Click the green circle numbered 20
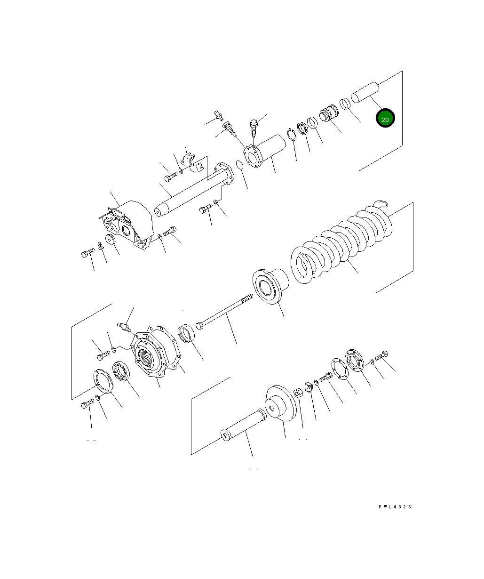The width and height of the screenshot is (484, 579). pyautogui.click(x=385, y=118)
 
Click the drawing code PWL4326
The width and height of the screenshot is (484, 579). pyautogui.click(x=395, y=507)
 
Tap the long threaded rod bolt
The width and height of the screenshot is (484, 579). pyautogui.click(x=224, y=312)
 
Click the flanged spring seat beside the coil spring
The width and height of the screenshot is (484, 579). pyautogui.click(x=270, y=286)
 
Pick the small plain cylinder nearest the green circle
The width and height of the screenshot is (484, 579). pyautogui.click(x=365, y=92)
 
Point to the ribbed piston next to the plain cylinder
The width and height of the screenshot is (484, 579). pyautogui.click(x=329, y=113)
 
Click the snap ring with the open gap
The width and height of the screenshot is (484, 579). pyautogui.click(x=292, y=135)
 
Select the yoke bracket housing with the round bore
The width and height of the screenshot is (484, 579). pyautogui.click(x=127, y=225)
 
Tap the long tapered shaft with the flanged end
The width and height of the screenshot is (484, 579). pyautogui.click(x=194, y=189)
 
